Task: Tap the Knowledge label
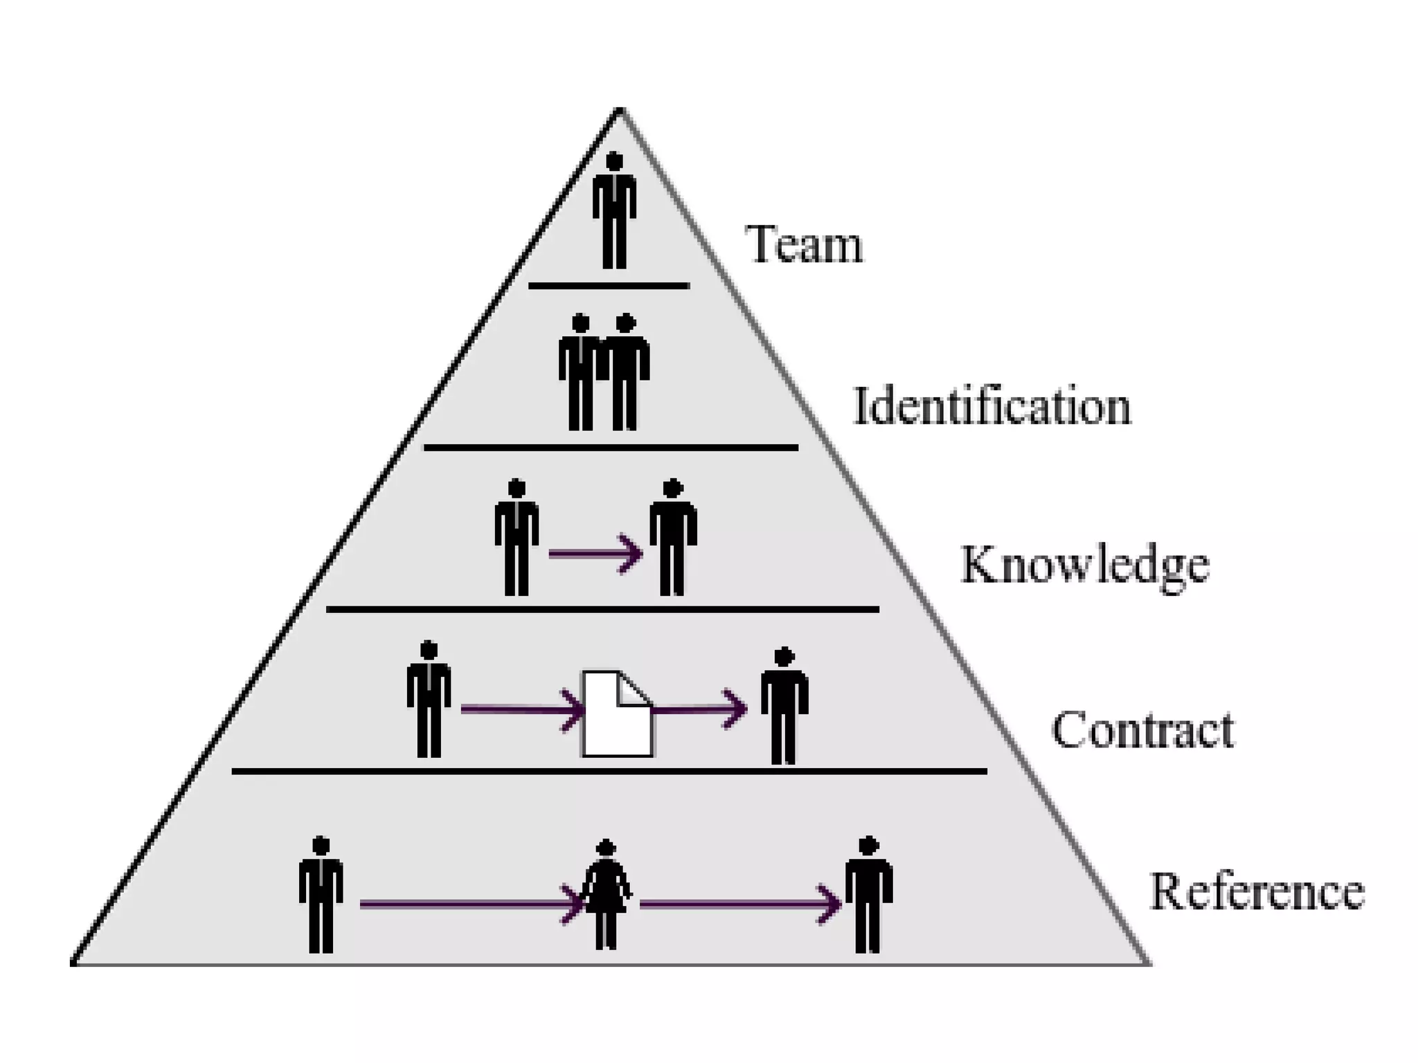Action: tap(1085, 566)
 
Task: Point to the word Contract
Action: tap(1142, 729)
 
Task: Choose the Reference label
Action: tap(1257, 891)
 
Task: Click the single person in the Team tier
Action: tap(614, 210)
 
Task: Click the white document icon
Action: tap(617, 714)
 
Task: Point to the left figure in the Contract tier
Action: tap(429, 699)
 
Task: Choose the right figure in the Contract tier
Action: tap(784, 706)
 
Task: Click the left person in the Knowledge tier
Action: tap(517, 537)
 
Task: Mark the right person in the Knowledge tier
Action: tap(672, 537)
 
